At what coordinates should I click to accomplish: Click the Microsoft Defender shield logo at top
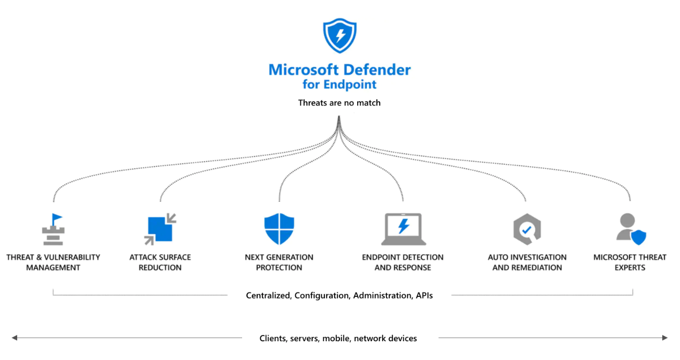[339, 36]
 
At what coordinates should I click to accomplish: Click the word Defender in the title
[377, 70]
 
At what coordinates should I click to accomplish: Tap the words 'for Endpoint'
[339, 84]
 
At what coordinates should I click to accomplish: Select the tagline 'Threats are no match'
[339, 103]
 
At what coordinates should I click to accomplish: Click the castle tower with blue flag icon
[54, 229]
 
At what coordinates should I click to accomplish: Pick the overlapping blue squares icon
[160, 229]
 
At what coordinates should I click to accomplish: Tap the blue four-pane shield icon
[279, 229]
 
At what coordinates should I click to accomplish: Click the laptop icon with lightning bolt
[404, 229]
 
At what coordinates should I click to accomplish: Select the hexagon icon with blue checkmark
[527, 229]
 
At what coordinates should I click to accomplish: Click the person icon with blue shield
[631, 229]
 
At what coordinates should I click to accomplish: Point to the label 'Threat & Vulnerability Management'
[53, 263]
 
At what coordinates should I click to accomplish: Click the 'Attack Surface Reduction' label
[160, 263]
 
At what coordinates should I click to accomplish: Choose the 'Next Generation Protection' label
[279, 263]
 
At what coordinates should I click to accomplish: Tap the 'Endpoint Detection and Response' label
[402, 263]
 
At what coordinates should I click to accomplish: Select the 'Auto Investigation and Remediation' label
[527, 263]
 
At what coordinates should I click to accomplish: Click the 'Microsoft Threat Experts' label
[630, 263]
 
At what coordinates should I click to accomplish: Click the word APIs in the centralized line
[424, 295]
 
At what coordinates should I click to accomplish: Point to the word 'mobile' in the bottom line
[336, 338]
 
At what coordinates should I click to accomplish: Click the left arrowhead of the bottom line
[15, 338]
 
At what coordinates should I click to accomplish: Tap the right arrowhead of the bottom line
[665, 338]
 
